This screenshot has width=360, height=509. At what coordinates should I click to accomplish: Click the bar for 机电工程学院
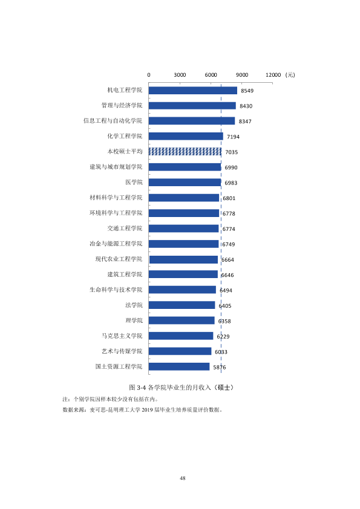[193, 91]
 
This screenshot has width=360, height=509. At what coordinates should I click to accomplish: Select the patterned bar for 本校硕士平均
[185, 152]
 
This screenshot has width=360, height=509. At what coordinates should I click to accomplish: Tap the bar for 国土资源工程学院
[179, 367]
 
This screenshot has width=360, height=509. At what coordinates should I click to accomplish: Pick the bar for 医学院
[185, 183]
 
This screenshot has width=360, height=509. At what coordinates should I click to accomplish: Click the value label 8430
[246, 106]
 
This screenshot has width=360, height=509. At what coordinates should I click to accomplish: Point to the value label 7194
[233, 137]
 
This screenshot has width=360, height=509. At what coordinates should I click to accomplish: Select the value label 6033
[221, 352]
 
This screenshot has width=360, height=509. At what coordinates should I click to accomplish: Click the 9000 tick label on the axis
[242, 75]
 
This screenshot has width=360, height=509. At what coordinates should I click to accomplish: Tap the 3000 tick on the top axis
[180, 75]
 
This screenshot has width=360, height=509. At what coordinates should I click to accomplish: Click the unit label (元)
[290, 75]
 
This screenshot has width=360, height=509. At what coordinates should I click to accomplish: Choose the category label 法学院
[134, 305]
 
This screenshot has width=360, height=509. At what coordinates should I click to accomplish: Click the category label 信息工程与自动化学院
[113, 121]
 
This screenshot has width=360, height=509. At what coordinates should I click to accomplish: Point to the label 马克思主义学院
[122, 336]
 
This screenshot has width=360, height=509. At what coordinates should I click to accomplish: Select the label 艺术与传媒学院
[122, 351]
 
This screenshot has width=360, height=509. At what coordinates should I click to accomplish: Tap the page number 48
[183, 478]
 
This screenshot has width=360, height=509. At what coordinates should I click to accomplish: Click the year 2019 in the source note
[147, 410]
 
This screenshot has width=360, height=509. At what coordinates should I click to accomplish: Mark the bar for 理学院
[182, 321]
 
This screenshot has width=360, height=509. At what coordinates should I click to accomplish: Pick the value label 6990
[231, 167]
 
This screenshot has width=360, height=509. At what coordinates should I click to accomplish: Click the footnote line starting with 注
[111, 399]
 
